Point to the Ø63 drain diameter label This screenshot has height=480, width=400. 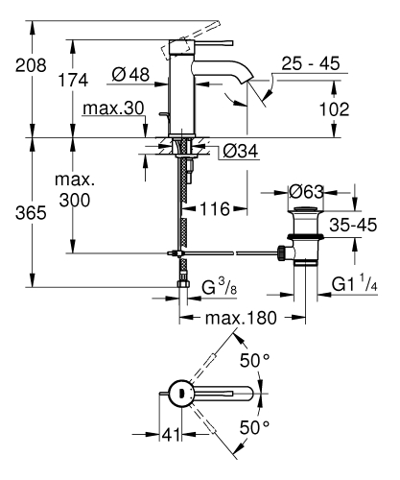click(309, 192)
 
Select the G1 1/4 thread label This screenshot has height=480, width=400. click(354, 286)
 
